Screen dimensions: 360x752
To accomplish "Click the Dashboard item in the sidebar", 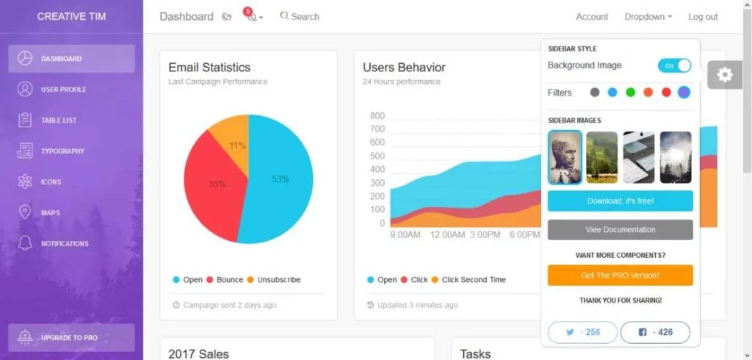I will point(71,59).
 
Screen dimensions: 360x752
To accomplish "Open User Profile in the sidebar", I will point(63,90).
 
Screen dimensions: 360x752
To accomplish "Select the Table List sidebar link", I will point(59,120).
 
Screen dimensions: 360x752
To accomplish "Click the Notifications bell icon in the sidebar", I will point(26,243).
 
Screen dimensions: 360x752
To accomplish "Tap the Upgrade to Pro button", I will point(71,338).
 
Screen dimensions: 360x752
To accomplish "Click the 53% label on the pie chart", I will point(280,179).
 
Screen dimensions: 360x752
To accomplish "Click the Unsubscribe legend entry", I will point(273,280).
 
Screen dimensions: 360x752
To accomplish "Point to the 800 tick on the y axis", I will point(377,116).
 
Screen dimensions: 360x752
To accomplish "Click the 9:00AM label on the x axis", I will point(404,235).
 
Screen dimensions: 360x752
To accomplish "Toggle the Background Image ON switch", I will point(674,66).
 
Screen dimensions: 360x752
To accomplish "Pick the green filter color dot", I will point(630,93).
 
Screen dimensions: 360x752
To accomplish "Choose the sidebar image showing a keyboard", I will point(638,157).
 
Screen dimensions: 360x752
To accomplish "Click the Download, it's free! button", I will point(620,201).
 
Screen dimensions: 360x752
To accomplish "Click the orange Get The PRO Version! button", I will point(620,276).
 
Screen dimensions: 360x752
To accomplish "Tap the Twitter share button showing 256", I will point(582,332).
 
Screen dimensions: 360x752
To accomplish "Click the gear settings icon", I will point(725,75).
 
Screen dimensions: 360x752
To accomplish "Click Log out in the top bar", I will point(703,17).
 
